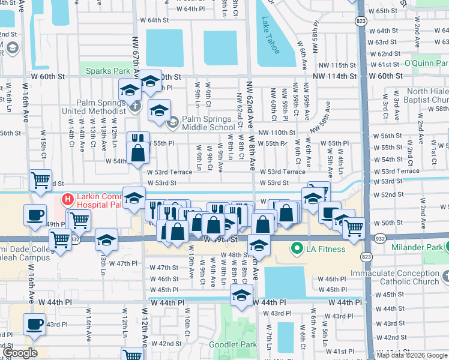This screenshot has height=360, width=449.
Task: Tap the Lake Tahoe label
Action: (x=270, y=35)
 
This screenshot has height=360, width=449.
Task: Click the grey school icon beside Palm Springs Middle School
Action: (x=173, y=123)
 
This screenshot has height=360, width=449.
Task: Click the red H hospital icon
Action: (x=68, y=199)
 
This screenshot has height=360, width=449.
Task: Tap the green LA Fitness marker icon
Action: (x=296, y=248)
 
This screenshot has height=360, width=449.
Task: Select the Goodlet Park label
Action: (x=232, y=344)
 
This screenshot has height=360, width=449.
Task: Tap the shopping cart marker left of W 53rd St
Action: (x=40, y=179)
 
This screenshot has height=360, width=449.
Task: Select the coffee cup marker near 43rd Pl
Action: (x=34, y=323)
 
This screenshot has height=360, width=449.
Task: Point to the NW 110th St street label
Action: (x=277, y=132)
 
